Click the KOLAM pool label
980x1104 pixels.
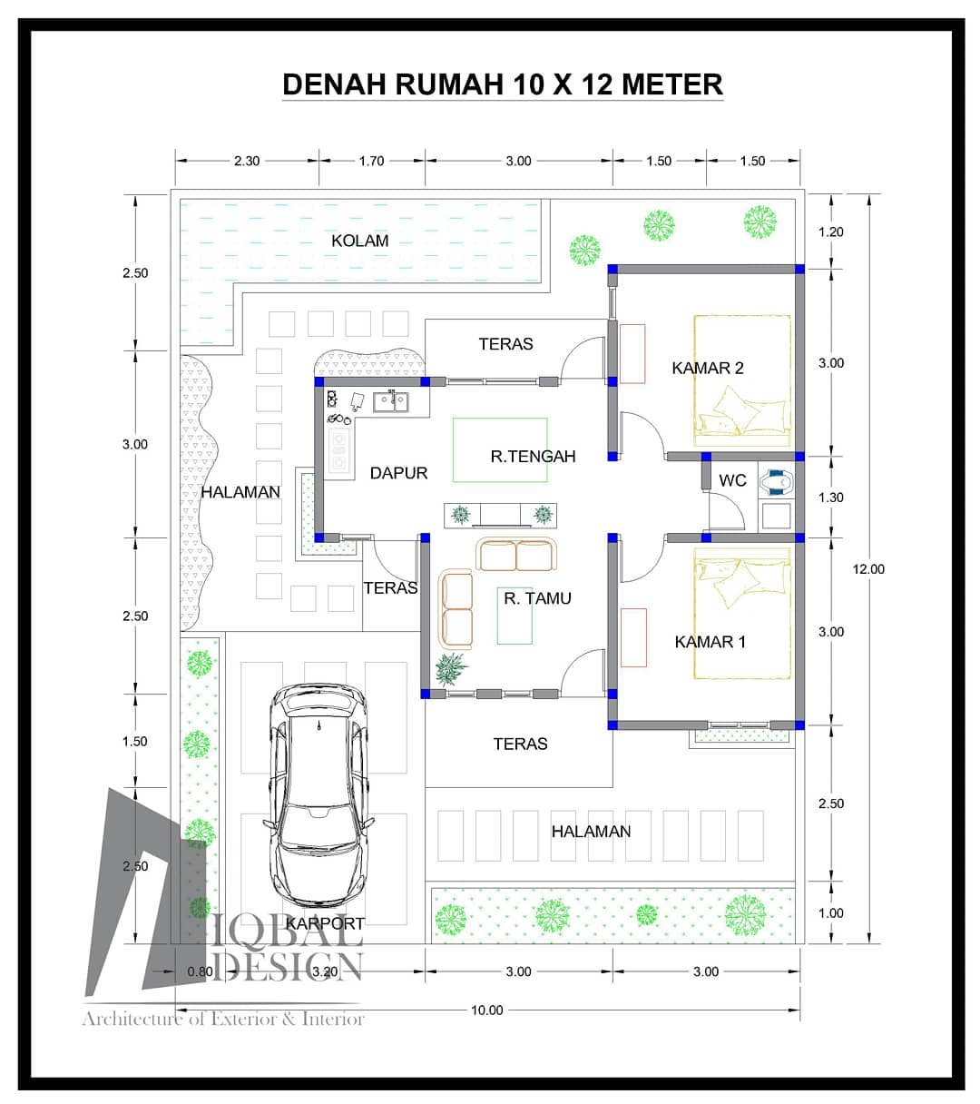pyautogui.click(x=359, y=241)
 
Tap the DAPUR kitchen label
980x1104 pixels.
pyautogui.click(x=398, y=473)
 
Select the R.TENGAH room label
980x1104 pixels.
pyautogui.click(x=533, y=456)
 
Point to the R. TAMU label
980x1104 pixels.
pyautogui.click(x=537, y=598)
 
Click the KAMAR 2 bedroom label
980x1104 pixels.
pyautogui.click(x=708, y=368)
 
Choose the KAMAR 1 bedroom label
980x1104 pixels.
pyautogui.click(x=710, y=642)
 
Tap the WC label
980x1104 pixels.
pyautogui.click(x=732, y=480)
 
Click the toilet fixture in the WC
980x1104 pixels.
pyautogui.click(x=776, y=482)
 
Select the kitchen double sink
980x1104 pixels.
pyautogui.click(x=390, y=401)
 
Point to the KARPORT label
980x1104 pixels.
pyautogui.click(x=325, y=923)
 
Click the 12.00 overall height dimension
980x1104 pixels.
pyautogui.click(x=868, y=569)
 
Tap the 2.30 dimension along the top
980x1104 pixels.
pyautogui.click(x=247, y=161)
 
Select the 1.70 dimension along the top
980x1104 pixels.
pyautogui.click(x=371, y=161)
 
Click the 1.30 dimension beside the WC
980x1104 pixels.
pyautogui.click(x=831, y=497)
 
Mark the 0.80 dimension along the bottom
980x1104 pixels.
pyautogui.click(x=200, y=971)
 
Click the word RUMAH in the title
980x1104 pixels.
pyautogui.click(x=449, y=84)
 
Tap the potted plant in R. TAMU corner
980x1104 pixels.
pyautogui.click(x=451, y=669)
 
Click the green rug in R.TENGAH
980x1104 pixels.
pyautogui.click(x=500, y=450)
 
